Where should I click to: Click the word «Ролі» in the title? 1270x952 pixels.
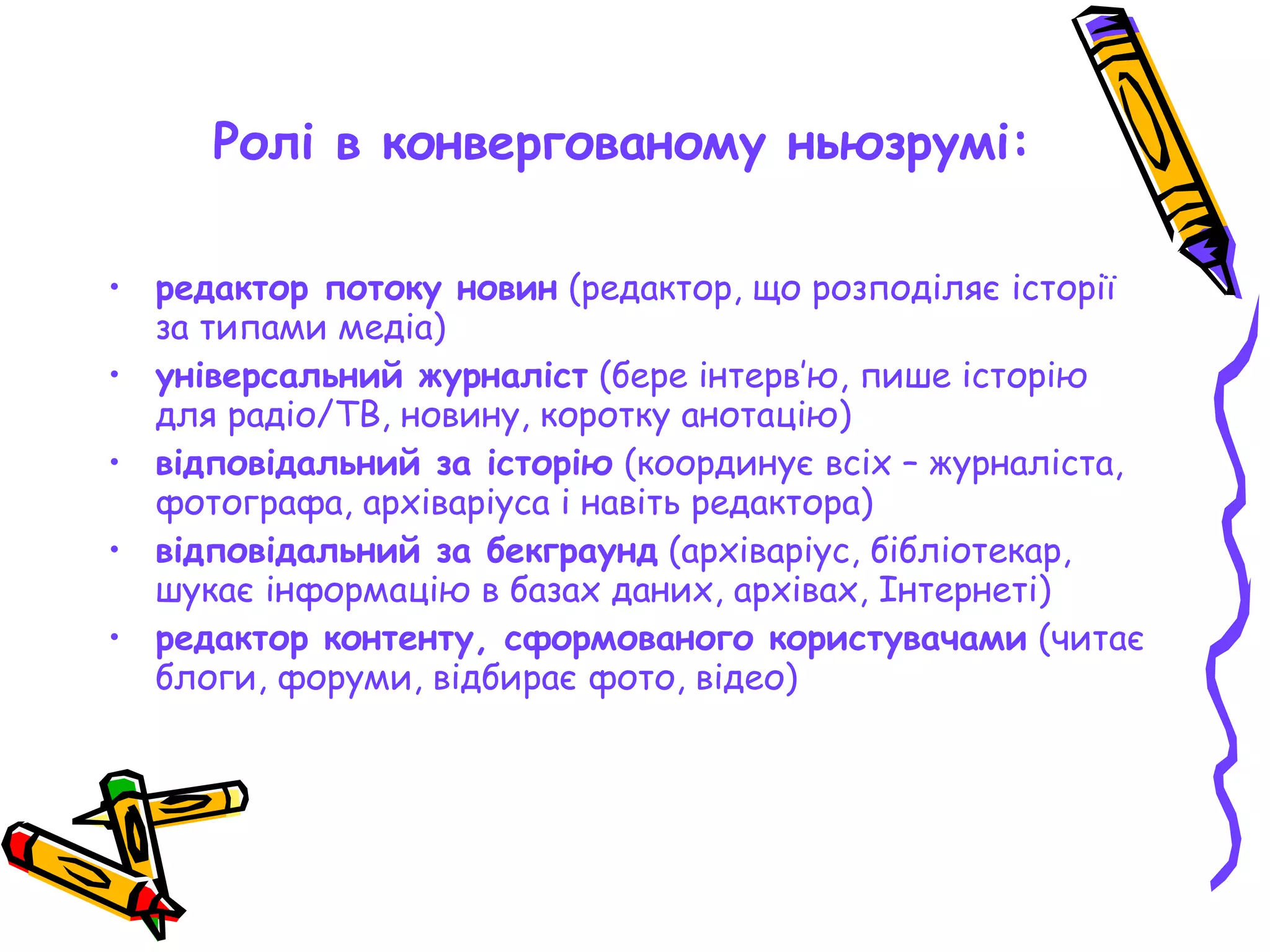pyautogui.click(x=263, y=143)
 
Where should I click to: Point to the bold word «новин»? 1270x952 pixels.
pyautogui.click(x=507, y=289)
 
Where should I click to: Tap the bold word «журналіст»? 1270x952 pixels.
pyautogui.click(x=503, y=377)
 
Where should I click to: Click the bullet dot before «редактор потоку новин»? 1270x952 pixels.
pyautogui.click(x=114, y=288)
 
